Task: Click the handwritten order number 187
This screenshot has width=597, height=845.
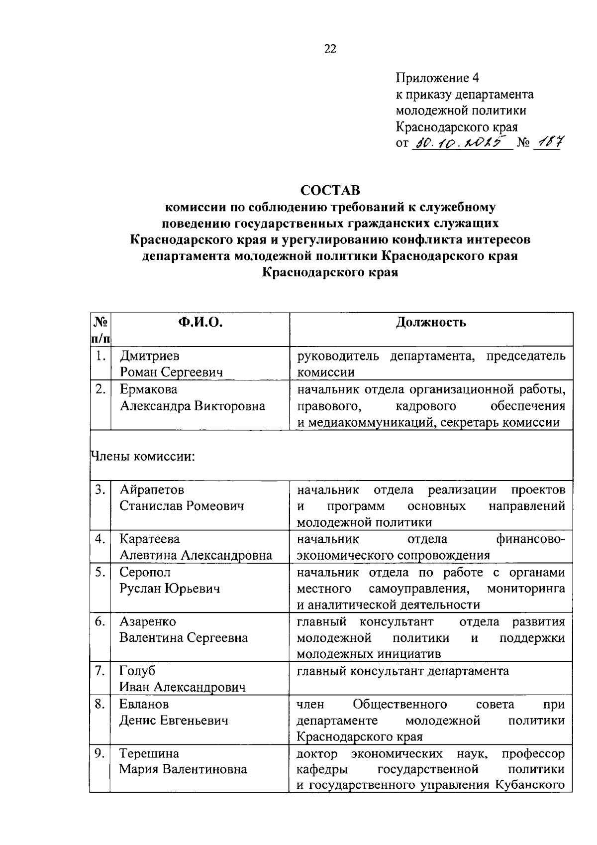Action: point(547,143)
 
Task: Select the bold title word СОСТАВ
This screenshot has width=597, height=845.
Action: point(330,190)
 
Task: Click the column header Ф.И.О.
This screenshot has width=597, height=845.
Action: point(200,322)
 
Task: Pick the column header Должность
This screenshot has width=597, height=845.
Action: point(431,322)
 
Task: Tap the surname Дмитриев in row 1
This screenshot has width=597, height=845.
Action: point(150,356)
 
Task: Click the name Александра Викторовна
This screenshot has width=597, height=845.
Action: point(193,406)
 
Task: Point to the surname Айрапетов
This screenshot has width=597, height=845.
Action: point(152,489)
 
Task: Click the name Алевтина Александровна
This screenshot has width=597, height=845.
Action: point(196,555)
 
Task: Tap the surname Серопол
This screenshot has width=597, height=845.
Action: point(145,572)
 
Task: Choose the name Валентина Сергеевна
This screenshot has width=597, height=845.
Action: point(184,638)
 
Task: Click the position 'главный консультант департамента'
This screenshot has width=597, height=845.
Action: point(402,671)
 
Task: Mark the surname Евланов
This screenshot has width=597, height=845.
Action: point(144,704)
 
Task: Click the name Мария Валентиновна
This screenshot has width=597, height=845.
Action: point(183,769)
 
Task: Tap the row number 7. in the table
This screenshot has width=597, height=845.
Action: point(100,671)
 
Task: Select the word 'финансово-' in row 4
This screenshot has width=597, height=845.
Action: point(530,539)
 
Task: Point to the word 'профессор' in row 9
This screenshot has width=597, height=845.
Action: point(533,753)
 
